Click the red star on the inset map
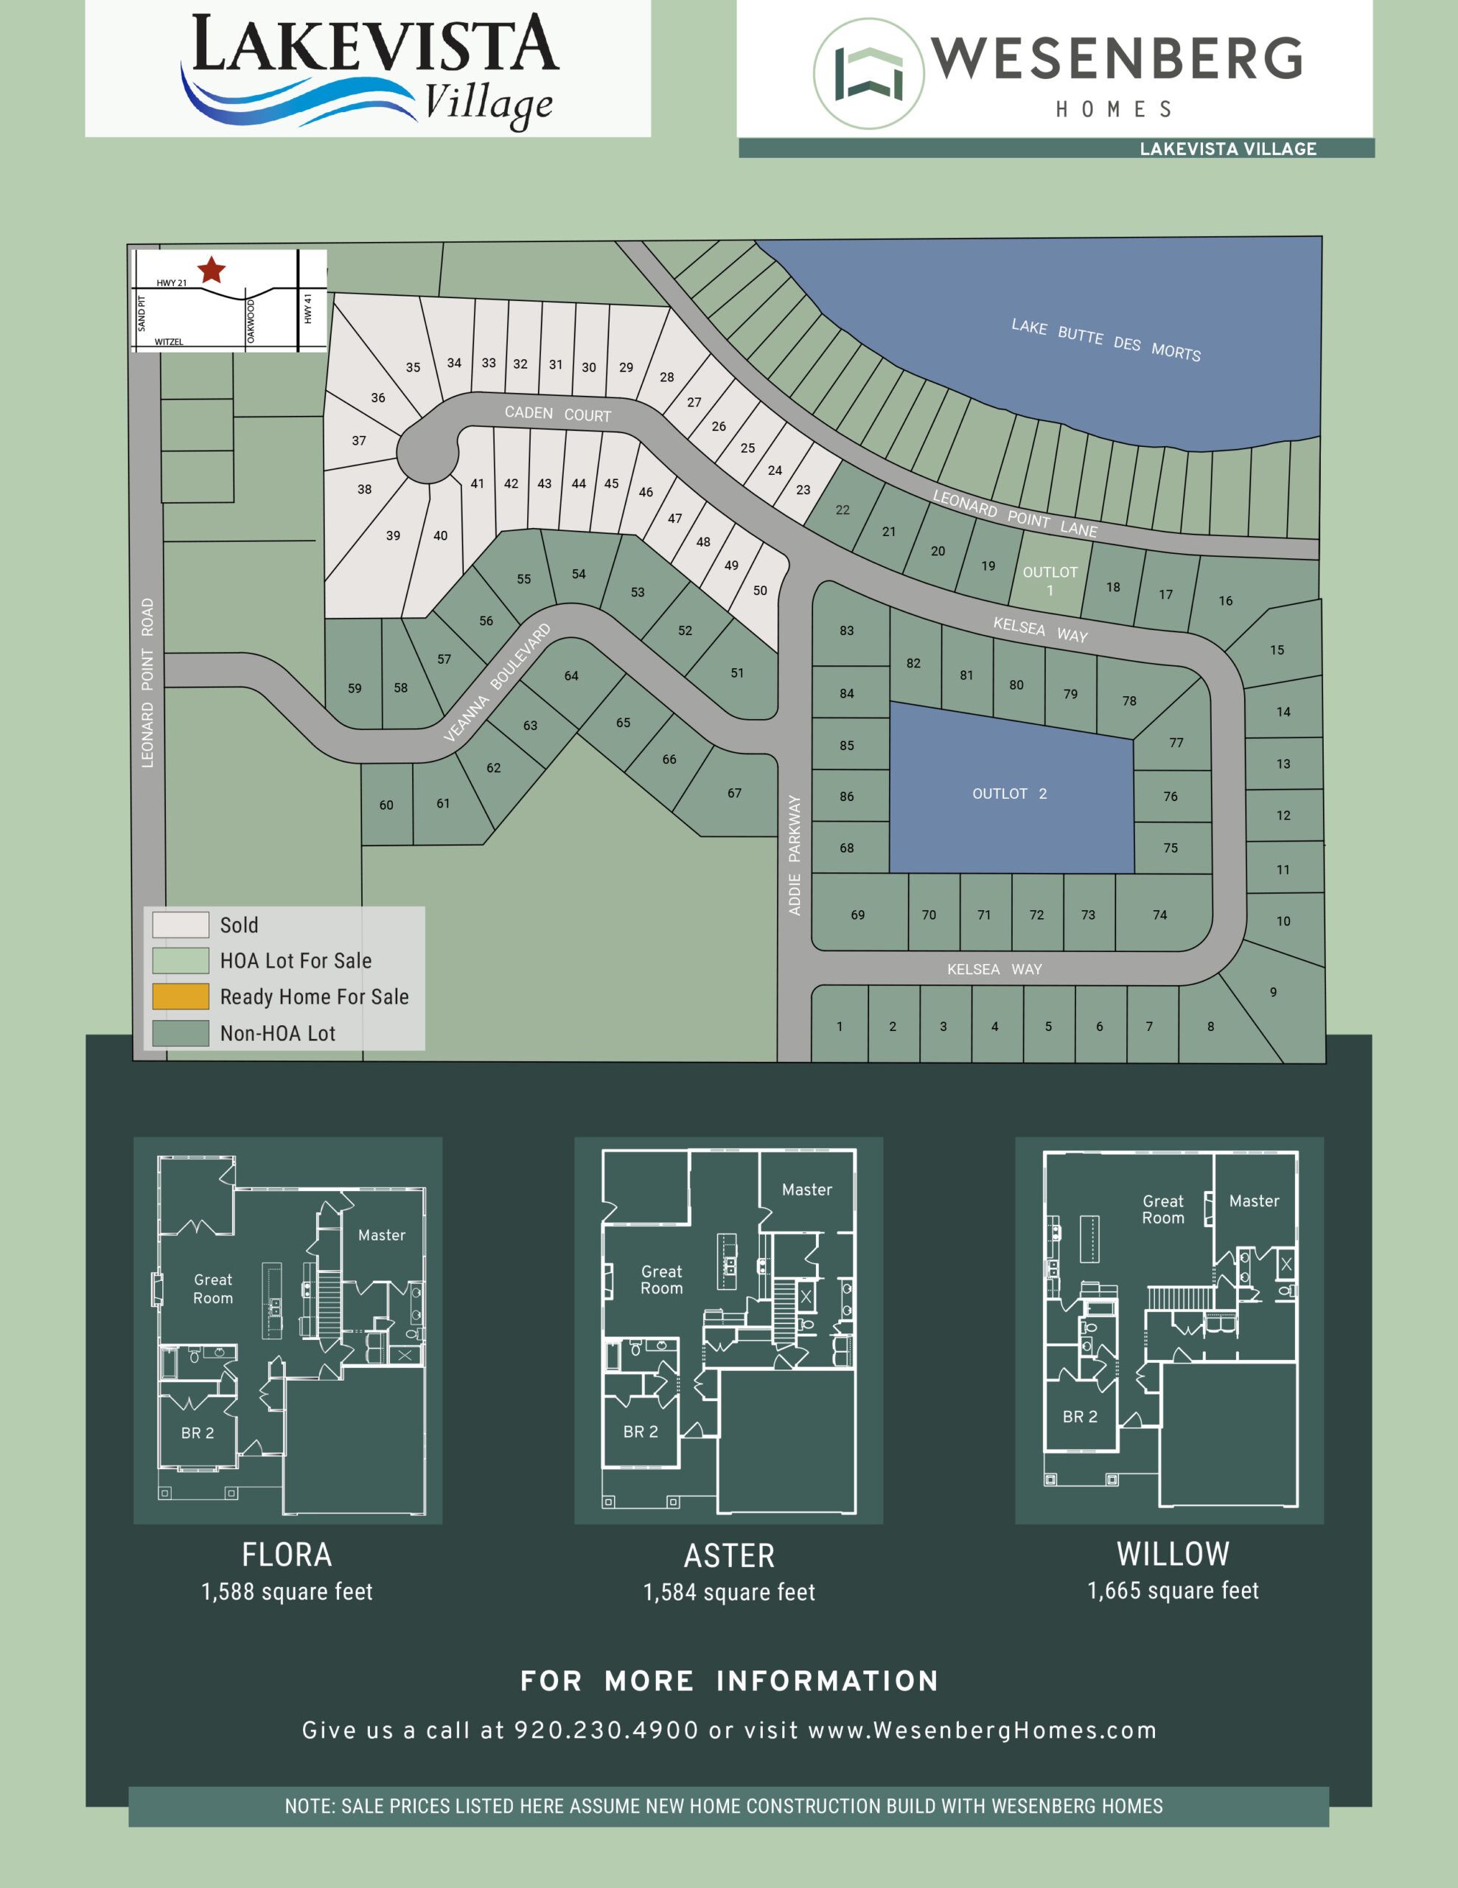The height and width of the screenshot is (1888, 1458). [x=212, y=270]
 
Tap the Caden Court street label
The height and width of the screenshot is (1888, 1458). [x=557, y=414]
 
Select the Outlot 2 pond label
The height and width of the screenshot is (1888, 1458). [x=1009, y=794]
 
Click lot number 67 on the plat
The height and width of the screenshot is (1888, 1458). [x=733, y=793]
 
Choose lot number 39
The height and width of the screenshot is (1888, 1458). [x=393, y=536]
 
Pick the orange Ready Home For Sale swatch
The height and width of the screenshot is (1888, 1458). [x=181, y=997]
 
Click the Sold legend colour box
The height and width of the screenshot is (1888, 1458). [x=181, y=925]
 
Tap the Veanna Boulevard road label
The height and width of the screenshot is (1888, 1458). [x=497, y=682]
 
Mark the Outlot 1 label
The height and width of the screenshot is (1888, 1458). [x=1050, y=581]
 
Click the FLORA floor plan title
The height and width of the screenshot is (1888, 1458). [x=287, y=1555]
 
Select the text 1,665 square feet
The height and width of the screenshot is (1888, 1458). [x=1173, y=1591]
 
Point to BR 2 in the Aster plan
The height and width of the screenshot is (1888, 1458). [x=641, y=1431]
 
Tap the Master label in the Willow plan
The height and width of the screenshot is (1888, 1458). [x=1254, y=1201]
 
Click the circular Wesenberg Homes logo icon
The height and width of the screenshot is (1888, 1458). [x=868, y=74]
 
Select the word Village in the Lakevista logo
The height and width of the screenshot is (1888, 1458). [x=488, y=105]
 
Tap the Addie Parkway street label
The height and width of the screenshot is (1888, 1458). [x=795, y=855]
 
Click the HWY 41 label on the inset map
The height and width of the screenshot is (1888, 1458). [x=307, y=308]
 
